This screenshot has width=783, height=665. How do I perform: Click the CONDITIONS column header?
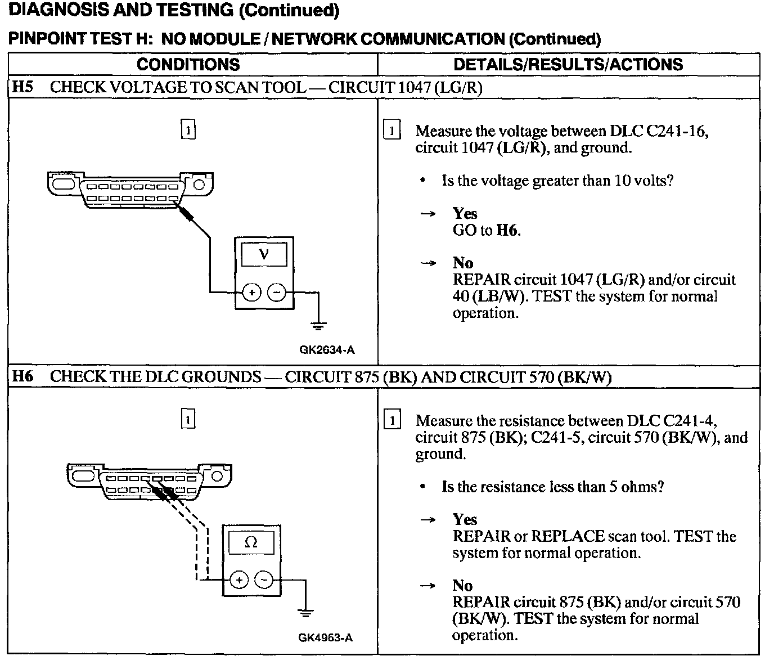tap(188, 64)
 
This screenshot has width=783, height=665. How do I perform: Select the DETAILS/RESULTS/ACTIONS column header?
tap(568, 64)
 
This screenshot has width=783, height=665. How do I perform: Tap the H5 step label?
tap(23, 87)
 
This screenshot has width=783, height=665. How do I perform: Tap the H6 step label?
tap(23, 376)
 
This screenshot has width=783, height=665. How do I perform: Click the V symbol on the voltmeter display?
tap(264, 254)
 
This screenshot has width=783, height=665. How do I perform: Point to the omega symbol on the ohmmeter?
tap(251, 542)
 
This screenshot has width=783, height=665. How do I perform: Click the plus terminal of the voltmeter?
tap(252, 293)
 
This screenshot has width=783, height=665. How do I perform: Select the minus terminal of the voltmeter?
tap(276, 293)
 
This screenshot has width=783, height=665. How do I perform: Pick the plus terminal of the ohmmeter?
tap(239, 580)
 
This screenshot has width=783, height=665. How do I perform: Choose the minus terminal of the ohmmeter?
tap(263, 580)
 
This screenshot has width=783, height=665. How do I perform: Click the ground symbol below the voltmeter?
tap(318, 325)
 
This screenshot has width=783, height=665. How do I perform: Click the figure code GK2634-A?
tap(327, 350)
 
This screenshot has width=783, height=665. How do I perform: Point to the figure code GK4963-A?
tap(326, 637)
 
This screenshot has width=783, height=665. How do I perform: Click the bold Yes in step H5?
tap(465, 214)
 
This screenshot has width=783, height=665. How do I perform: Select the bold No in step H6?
tap(462, 586)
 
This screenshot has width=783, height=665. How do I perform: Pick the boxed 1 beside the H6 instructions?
tap(391, 420)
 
